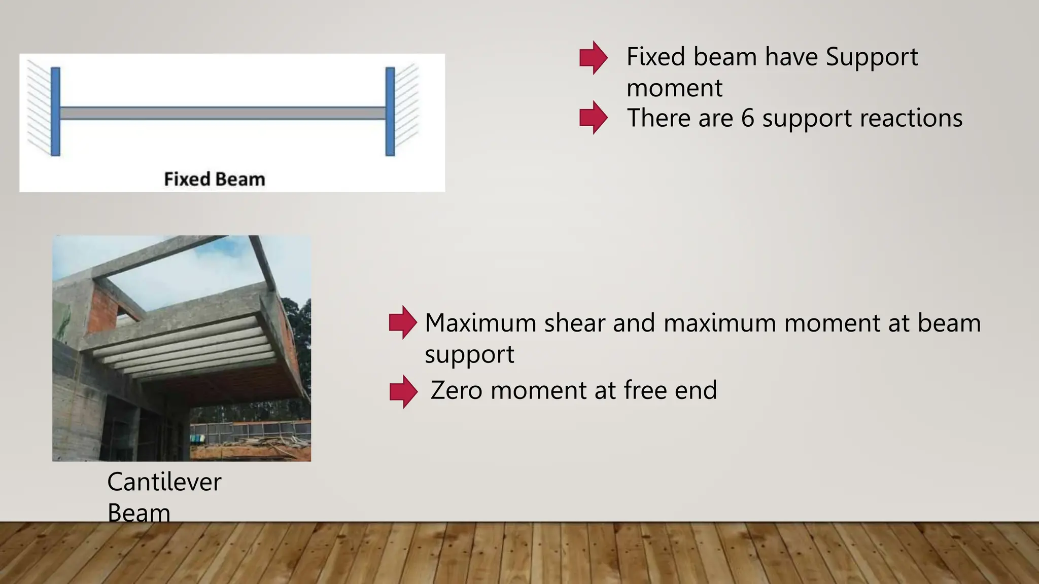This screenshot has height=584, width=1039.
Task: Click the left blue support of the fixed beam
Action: coord(56,112)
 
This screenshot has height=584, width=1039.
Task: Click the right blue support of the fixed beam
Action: coord(390,112)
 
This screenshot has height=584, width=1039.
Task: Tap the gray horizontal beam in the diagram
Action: coord(223,113)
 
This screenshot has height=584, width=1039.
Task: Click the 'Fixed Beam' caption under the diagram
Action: coord(215,179)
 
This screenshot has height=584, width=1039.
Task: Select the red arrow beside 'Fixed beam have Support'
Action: coord(593,58)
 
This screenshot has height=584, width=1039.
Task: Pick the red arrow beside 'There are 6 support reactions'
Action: coord(593,118)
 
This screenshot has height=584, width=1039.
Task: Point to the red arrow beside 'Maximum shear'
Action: coord(403,322)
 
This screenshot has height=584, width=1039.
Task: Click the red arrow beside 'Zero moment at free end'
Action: coord(403,392)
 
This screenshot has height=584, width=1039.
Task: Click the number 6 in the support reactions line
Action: coord(748,118)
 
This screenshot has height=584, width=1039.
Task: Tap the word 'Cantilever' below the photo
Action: coord(164,482)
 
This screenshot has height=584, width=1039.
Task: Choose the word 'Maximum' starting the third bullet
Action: coord(480,323)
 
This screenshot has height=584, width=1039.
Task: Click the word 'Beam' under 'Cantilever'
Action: coord(138,512)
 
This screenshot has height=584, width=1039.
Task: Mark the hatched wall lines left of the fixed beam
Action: coord(39,109)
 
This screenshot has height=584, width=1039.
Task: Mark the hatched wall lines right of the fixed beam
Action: coord(407,109)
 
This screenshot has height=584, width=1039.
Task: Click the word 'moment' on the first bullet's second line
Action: coord(674,88)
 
